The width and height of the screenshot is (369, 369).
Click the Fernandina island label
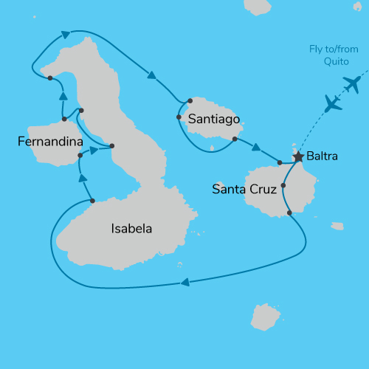click(x=50, y=140)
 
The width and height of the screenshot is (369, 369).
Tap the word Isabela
click(x=131, y=229)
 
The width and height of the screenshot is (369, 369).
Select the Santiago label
click(x=214, y=118)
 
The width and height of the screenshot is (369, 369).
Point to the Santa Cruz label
click(x=244, y=189)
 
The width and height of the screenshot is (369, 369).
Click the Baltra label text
click(x=323, y=156)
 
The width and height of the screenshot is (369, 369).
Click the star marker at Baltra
click(x=298, y=156)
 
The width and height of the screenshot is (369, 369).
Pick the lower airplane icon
click(x=334, y=103)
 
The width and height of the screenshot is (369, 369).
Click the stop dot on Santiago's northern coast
click(x=190, y=100)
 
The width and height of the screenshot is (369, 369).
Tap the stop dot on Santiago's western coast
click(x=179, y=117)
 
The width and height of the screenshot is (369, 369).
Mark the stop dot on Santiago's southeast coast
click(x=234, y=139)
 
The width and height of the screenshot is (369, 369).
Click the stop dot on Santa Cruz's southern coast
click(x=289, y=213)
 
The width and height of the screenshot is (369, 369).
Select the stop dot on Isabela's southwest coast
click(x=92, y=201)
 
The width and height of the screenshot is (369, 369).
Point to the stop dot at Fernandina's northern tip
click(x=64, y=119)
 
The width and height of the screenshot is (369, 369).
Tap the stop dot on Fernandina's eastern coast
click(x=80, y=156)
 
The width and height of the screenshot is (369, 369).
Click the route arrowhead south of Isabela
click(x=184, y=281)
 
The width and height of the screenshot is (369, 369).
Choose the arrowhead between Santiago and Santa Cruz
click(x=256, y=148)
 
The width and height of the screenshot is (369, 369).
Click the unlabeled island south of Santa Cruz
click(x=263, y=316)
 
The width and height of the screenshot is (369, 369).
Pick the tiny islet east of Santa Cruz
click(x=337, y=226)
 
